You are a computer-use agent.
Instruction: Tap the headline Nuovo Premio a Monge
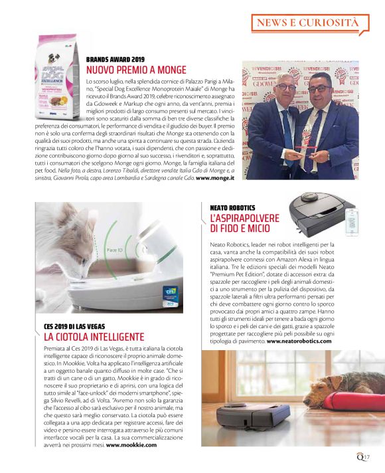pyautogui.click(x=136, y=70)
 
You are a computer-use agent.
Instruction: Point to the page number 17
pyautogui.click(x=366, y=455)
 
